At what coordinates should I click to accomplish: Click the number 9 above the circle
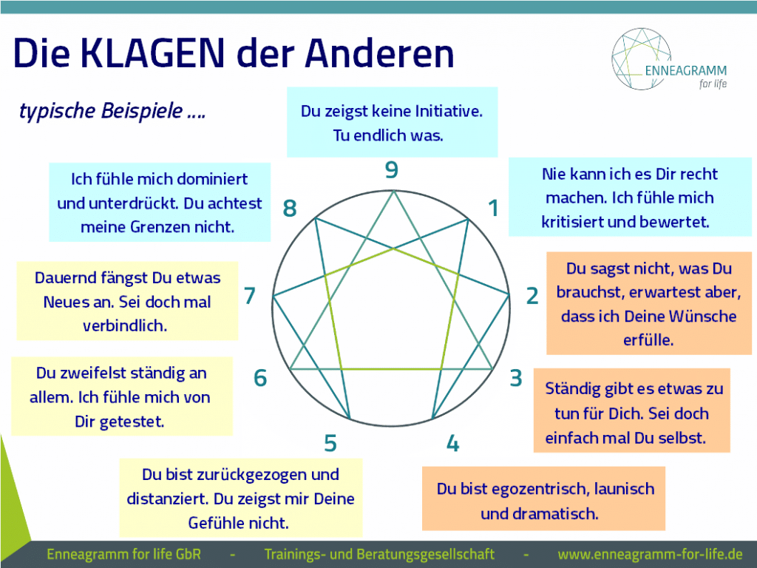tap(392, 169)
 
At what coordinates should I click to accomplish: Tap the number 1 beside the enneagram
tap(493, 208)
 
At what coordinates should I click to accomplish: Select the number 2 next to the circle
tap(532, 296)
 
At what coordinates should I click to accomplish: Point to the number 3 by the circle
tap(516, 378)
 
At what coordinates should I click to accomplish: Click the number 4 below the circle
tap(452, 444)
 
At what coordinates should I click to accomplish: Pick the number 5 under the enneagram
tap(330, 444)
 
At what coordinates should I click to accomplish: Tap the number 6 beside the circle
tap(260, 378)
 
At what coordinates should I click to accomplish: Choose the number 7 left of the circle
tap(250, 296)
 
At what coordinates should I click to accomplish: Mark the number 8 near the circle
tap(290, 208)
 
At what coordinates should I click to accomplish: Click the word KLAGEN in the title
tap(152, 53)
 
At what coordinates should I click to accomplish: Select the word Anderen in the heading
tap(379, 53)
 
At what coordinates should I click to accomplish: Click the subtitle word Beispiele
tap(141, 111)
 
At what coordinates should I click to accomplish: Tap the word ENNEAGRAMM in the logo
tap(685, 70)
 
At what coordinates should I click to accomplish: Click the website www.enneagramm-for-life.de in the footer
tap(651, 554)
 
